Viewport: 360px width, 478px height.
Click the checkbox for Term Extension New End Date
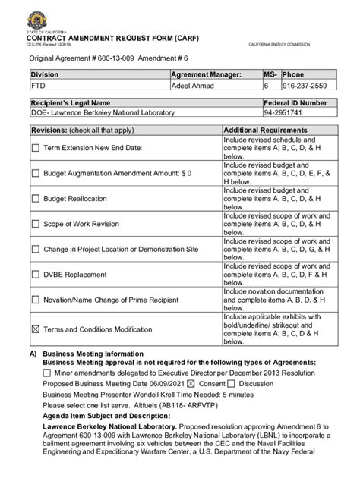click(35, 148)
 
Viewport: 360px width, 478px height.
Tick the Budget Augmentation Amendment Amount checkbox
click(35, 173)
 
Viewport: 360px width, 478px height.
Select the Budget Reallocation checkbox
click(35, 198)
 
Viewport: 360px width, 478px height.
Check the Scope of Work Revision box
click(35, 224)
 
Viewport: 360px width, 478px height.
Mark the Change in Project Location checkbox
click(35, 249)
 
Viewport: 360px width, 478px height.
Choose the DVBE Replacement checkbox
click(35, 275)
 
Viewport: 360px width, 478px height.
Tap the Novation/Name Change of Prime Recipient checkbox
click(35, 300)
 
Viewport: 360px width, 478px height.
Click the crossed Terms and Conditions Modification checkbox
click(35, 329)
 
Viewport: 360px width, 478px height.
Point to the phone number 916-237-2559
click(305, 86)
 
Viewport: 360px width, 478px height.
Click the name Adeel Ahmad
click(193, 86)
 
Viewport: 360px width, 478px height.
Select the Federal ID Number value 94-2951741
click(281, 113)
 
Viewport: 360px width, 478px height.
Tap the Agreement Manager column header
click(207, 74)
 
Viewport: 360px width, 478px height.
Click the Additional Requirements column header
click(265, 131)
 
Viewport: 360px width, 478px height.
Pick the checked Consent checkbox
click(191, 383)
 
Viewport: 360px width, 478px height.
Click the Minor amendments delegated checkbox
click(47, 373)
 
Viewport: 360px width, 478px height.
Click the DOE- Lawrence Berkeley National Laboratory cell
click(103, 113)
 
